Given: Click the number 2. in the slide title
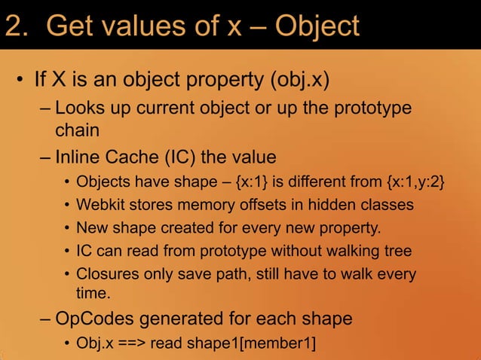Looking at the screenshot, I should click(17, 26).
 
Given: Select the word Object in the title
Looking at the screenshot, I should click(317, 26).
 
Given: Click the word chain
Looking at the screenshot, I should click(77, 130).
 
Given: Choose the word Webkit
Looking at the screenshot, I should click(100, 204).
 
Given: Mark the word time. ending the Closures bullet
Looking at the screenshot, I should click(93, 292).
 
